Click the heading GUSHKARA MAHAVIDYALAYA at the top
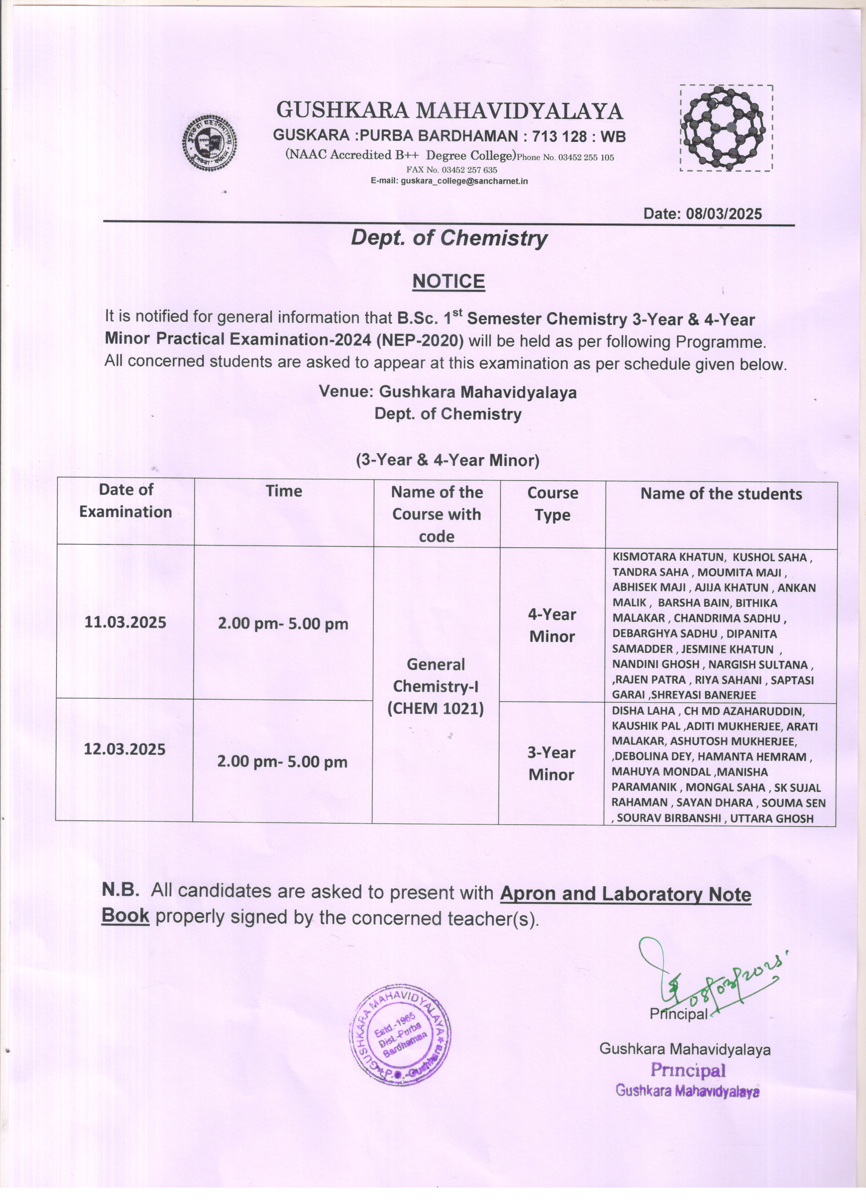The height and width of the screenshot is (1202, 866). (x=450, y=111)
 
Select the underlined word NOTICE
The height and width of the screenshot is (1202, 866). (x=448, y=281)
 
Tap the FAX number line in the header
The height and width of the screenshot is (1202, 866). (x=451, y=170)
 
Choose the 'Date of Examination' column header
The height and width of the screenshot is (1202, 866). (x=125, y=500)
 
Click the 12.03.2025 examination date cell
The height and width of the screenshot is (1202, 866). (x=124, y=749)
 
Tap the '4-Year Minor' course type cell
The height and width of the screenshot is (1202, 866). (x=552, y=626)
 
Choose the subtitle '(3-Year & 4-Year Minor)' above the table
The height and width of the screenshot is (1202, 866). (x=448, y=460)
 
